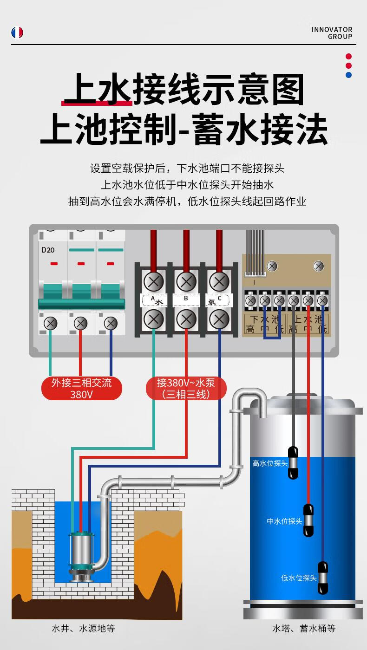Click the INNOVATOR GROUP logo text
[x=332, y=33]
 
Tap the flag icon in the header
[x=17, y=32]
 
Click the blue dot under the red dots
[x=348, y=75]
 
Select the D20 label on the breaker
[x=48, y=250]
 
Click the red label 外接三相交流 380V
[x=82, y=389]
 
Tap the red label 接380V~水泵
[x=186, y=389]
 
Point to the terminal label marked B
[x=186, y=299]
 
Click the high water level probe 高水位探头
[x=293, y=463]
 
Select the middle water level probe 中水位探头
[x=308, y=520]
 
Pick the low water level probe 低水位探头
[x=322, y=578]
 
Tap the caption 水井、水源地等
[x=83, y=629]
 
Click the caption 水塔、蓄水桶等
[x=304, y=629]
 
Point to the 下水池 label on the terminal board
[x=264, y=319]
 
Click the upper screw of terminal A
[x=153, y=281]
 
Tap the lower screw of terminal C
[x=219, y=319]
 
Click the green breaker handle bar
[x=82, y=304]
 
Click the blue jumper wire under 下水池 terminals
[x=272, y=338]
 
